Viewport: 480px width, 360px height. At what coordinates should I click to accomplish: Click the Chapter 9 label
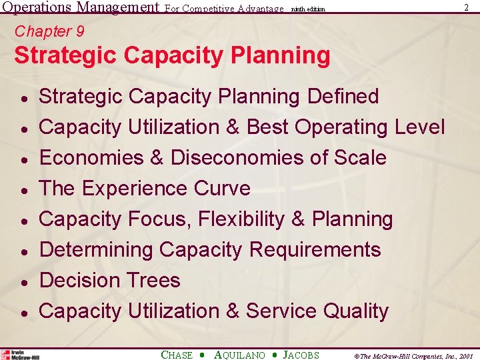pos(49,31)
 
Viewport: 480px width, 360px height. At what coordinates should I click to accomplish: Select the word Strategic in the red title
pos(61,55)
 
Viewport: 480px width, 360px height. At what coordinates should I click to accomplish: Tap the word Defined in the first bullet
pos(343,97)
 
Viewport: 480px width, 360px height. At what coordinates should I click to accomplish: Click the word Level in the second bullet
pos(417,127)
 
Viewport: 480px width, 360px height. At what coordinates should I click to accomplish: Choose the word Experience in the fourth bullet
pos(134,189)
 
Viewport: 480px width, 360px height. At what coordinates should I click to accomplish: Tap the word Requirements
pos(315,250)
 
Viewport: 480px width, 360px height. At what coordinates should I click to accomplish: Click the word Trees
pos(155,281)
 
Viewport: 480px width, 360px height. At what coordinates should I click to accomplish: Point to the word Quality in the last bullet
pos(355,311)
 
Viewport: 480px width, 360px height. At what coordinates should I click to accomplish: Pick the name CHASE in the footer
pos(177,355)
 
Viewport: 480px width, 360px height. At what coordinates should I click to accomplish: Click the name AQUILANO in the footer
pos(239,355)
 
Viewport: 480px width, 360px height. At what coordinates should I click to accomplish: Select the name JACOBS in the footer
pos(301,355)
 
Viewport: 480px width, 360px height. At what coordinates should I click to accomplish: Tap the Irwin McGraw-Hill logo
pos(20,355)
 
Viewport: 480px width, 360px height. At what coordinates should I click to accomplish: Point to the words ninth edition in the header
pos(307,9)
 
